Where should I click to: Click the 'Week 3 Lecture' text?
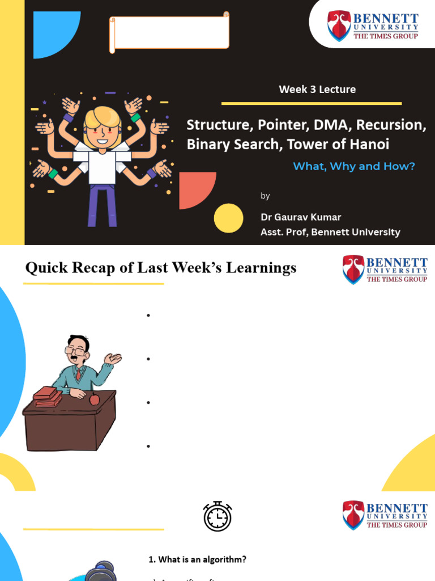[317, 89]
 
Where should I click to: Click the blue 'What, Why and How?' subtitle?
[354, 166]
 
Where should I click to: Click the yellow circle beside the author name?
[229, 218]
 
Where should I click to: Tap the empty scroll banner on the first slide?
[169, 32]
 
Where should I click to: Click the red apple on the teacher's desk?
[95, 399]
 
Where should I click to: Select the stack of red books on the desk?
[47, 396]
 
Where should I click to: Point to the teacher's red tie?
[78, 374]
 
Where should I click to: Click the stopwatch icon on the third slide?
[217, 516]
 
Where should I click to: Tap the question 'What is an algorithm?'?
[198, 559]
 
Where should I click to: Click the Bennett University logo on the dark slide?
[373, 26]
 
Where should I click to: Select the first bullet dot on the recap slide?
[148, 315]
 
